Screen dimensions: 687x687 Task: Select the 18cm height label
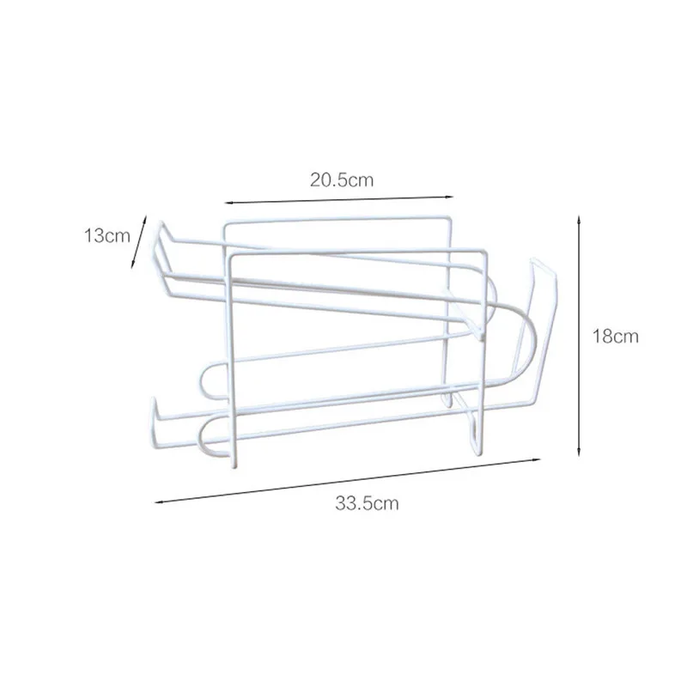616,336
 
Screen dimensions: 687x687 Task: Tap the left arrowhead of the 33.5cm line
158,499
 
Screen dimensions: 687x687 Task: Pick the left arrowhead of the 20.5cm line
228,203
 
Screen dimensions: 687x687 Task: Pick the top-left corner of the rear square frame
225,225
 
